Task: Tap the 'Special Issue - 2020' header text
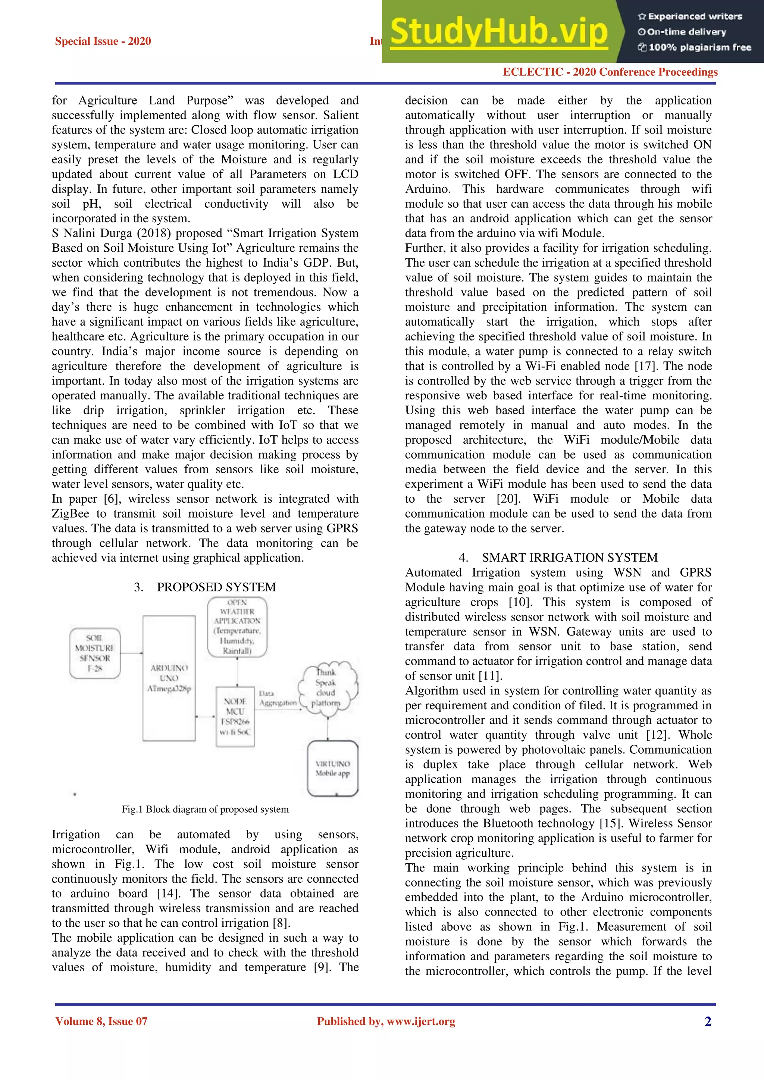coord(103,41)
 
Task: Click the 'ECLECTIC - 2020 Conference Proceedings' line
coord(610,72)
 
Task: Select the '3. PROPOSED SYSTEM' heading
coord(205,587)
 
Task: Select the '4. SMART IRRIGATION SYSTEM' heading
coord(558,558)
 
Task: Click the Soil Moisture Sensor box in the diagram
coord(95,653)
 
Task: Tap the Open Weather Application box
coord(237,627)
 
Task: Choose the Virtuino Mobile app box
coord(333,768)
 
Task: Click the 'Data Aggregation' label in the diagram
coord(278,698)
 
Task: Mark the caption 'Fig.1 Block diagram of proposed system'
coord(205,809)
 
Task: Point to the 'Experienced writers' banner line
coord(690,16)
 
